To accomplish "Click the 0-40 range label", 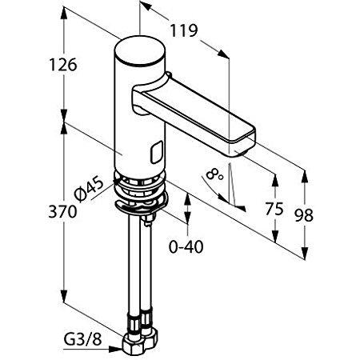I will point(186,246).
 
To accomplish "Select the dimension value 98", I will point(305,214).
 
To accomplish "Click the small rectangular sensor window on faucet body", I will point(156,149).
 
